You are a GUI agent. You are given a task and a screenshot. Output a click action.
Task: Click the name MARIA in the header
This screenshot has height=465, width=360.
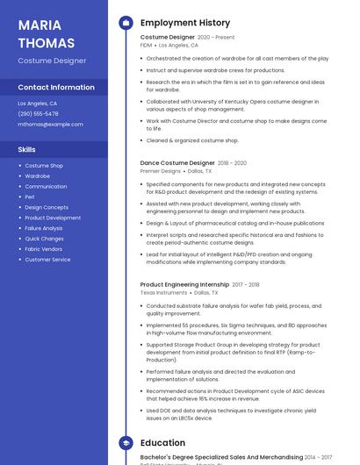[40, 25]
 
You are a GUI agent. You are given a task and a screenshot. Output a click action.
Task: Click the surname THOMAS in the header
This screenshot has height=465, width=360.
[47, 42]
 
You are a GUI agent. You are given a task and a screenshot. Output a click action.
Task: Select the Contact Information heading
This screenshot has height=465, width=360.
[56, 88]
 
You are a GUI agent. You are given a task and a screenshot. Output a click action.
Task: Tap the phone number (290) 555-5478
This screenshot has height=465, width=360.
[39, 114]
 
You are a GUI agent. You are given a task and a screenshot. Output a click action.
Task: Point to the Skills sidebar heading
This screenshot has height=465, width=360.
[27, 150]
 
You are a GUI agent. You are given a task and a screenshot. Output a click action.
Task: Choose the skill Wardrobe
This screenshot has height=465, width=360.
[38, 176]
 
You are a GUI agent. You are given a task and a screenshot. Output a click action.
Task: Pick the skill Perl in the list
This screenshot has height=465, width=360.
[30, 197]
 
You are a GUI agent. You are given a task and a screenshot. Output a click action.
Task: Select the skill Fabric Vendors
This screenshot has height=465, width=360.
[44, 249]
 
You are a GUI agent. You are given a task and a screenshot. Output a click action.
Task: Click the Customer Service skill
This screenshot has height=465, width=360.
[48, 260]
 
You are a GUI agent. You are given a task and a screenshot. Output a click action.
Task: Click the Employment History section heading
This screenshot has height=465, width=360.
[185, 23]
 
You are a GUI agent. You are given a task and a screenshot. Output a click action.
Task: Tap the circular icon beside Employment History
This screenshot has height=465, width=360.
[126, 23]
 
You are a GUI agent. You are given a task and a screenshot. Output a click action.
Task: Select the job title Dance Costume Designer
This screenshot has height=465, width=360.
[177, 163]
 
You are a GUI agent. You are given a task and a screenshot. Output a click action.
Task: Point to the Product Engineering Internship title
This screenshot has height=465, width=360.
[185, 284]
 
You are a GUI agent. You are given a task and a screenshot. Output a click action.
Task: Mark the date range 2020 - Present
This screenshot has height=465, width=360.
[216, 38]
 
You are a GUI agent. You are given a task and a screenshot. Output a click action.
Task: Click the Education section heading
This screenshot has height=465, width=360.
[163, 443]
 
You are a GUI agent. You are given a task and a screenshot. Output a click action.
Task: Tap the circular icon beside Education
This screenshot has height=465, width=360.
[126, 443]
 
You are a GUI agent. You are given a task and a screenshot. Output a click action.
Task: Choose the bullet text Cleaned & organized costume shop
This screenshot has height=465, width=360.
[192, 140]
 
